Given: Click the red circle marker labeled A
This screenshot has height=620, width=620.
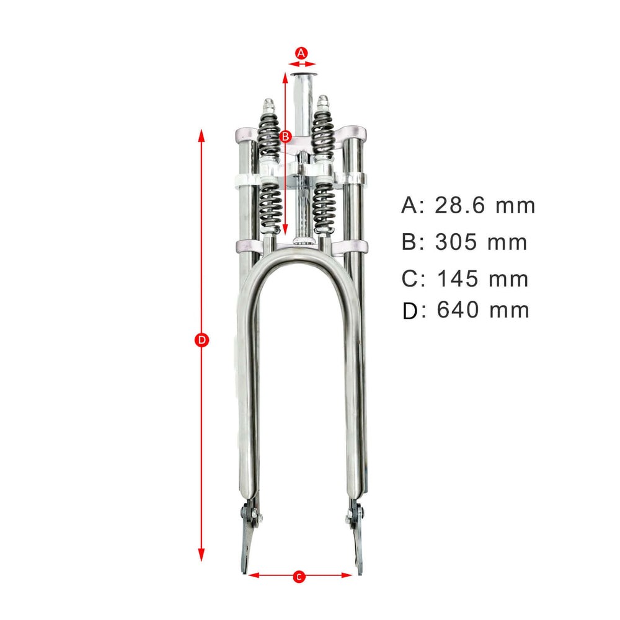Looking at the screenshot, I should click(301, 53).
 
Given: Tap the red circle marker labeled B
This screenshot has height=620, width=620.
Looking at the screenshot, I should click(285, 136).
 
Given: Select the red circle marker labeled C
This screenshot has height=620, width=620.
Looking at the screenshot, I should click(299, 577).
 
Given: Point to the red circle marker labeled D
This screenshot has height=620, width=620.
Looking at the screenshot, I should click(201, 340).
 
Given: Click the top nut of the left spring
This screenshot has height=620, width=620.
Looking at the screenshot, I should click(268, 103).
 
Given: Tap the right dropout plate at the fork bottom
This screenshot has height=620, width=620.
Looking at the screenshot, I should click(358, 539).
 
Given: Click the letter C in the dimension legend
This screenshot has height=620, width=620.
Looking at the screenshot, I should click(411, 279).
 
